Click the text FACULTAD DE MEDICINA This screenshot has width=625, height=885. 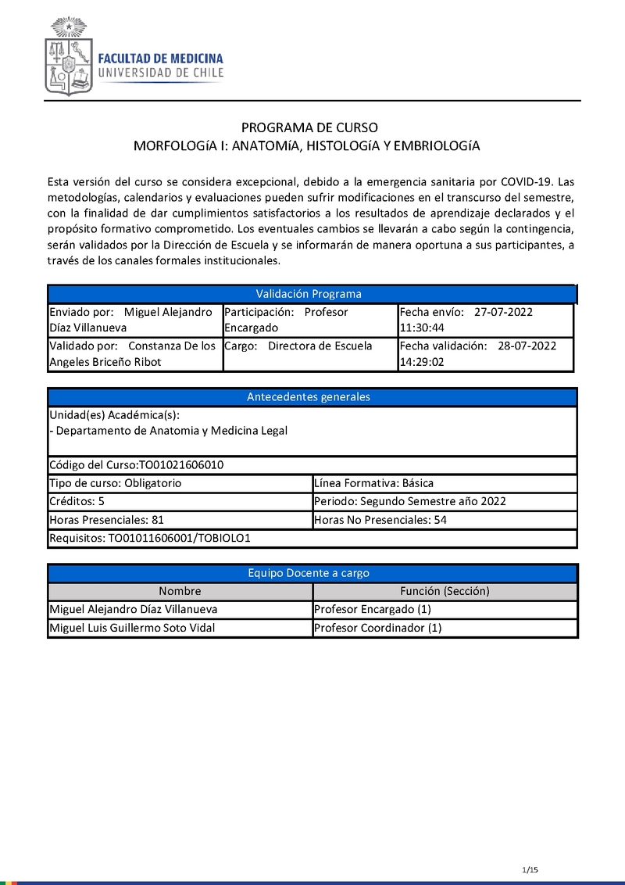(160, 59)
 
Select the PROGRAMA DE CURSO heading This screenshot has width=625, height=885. (309, 127)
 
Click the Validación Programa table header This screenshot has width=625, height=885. (309, 294)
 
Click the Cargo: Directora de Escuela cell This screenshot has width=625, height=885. (309, 346)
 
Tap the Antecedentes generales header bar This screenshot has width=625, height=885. (309, 397)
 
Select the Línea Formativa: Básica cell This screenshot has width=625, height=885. (373, 483)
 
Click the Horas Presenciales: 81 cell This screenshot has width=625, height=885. (106, 520)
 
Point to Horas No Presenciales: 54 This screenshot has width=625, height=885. (380, 520)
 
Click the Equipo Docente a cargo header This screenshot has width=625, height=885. (309, 573)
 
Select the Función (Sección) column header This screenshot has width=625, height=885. (445, 592)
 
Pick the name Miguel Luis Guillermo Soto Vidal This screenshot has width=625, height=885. (132, 629)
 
